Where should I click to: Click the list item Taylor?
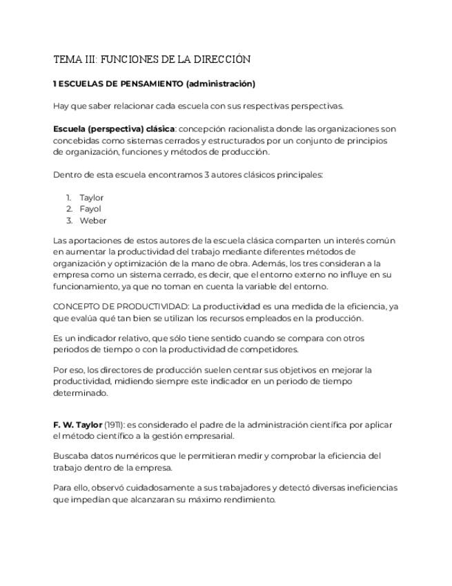tap(91, 198)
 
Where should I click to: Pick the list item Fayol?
tap(90, 209)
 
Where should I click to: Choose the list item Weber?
tap(93, 220)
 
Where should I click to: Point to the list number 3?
tap(69, 220)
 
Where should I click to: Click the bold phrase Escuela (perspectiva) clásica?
tap(114, 129)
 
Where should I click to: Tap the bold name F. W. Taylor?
tap(77, 424)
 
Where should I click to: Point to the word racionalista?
tap(251, 129)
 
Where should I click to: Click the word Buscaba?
tap(70, 456)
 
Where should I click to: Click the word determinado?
tap(81, 393)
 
